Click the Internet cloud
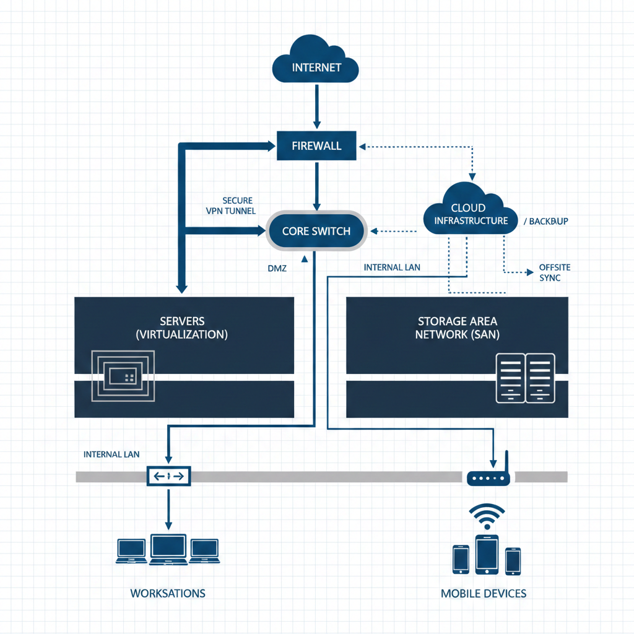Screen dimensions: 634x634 tap(316, 62)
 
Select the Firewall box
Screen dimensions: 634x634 tap(316, 146)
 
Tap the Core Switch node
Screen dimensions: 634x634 tap(316, 231)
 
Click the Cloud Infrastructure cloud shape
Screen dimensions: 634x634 tap(470, 211)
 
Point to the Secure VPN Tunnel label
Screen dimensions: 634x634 tap(230, 206)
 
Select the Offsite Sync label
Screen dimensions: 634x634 tap(554, 272)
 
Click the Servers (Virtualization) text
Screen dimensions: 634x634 tap(181, 328)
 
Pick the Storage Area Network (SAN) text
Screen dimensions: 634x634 tap(457, 328)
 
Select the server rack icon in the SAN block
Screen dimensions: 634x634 tap(525, 378)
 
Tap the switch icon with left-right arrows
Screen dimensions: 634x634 tap(168, 476)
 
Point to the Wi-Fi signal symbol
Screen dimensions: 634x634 tap(487, 516)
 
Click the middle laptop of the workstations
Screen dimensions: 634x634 tap(168, 549)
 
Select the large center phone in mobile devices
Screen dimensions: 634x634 tap(487, 554)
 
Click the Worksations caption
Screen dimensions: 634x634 tap(168, 593)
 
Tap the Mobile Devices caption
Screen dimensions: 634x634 tap(484, 593)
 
